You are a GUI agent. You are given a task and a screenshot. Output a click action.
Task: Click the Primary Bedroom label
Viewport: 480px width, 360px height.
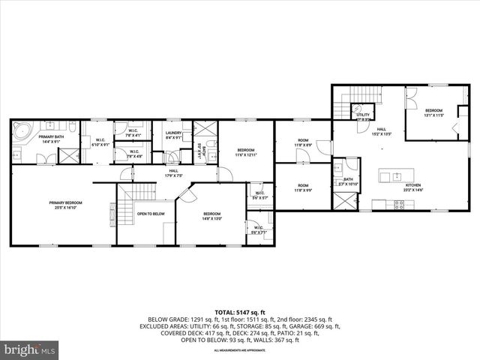(x=66, y=205)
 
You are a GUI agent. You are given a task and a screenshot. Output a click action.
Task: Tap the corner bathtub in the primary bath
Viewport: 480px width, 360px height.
(x=21, y=133)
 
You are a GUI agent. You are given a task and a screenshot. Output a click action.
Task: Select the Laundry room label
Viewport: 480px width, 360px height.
(x=174, y=135)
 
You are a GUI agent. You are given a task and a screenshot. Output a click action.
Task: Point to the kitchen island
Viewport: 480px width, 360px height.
(x=391, y=177)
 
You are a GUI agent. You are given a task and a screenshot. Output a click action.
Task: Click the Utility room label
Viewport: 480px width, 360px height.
(x=363, y=116)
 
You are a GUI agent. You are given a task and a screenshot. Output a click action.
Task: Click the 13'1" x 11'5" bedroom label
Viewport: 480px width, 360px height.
(x=434, y=112)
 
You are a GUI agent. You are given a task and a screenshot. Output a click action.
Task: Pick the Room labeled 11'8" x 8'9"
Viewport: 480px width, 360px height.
(x=303, y=142)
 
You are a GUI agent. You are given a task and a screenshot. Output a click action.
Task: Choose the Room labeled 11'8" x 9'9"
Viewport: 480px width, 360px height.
(x=303, y=187)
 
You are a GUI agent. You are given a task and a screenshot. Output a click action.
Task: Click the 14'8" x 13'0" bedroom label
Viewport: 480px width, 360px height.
(x=212, y=217)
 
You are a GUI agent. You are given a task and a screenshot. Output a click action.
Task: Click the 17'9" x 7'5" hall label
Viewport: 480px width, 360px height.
(x=173, y=174)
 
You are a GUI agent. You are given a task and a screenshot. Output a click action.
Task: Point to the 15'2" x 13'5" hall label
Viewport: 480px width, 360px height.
(x=382, y=131)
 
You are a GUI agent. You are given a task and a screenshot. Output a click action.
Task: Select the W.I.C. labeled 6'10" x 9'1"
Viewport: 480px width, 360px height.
(x=100, y=142)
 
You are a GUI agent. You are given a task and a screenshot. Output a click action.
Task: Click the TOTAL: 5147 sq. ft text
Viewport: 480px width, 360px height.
(x=239, y=312)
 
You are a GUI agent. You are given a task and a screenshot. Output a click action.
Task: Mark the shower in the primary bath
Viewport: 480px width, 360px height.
(x=70, y=155)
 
